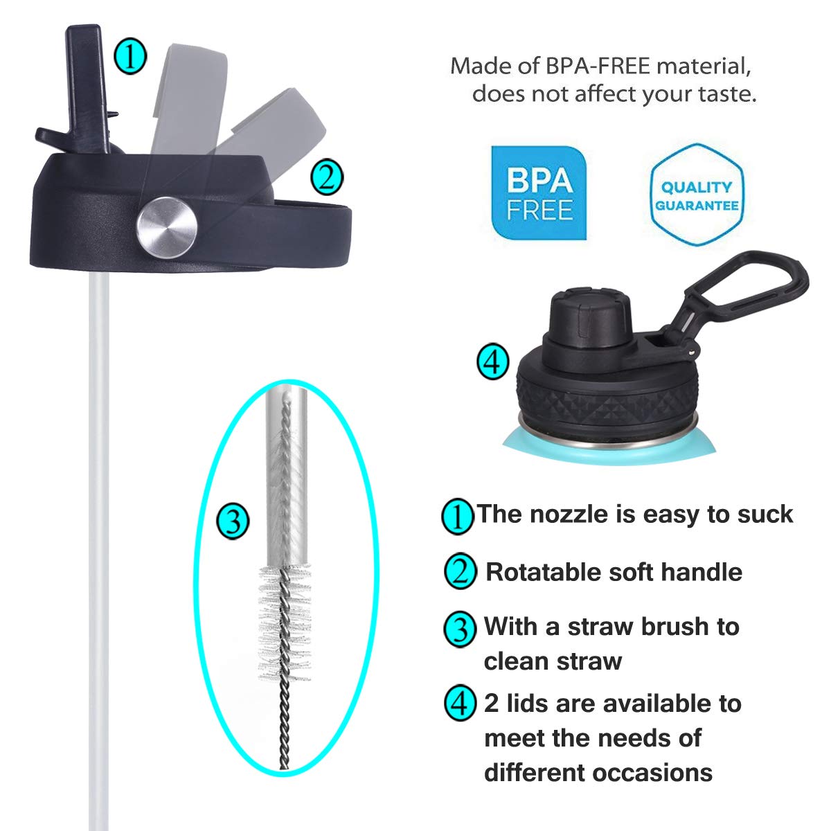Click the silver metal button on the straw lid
(x=167, y=228)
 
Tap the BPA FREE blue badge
(x=539, y=193)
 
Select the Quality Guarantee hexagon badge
(x=697, y=195)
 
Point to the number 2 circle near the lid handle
(x=327, y=178)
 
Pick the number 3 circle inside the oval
(x=233, y=521)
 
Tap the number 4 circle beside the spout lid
(x=493, y=361)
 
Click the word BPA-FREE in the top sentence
(x=598, y=66)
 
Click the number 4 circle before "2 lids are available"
(x=460, y=704)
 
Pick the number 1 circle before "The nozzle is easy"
(x=458, y=516)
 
